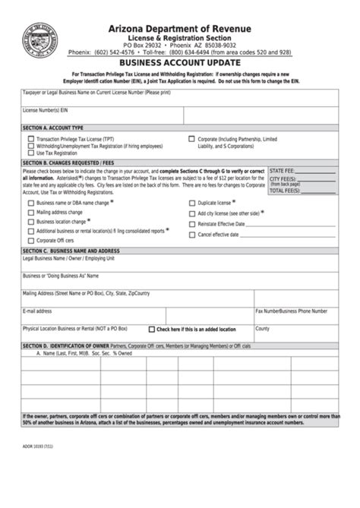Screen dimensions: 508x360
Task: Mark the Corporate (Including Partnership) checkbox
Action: coord(191,140)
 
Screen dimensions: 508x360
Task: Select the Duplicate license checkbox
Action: coord(191,204)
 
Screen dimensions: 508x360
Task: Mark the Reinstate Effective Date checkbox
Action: coord(191,224)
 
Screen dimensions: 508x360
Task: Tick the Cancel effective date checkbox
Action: coord(191,235)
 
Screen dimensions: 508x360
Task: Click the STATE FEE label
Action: coord(283,172)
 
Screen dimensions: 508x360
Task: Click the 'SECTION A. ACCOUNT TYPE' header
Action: coord(53,128)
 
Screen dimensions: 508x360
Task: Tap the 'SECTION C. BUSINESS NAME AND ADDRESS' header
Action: coord(71,250)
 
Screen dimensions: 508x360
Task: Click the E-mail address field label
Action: coord(37,311)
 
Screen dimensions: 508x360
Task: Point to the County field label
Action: coord(263,329)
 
